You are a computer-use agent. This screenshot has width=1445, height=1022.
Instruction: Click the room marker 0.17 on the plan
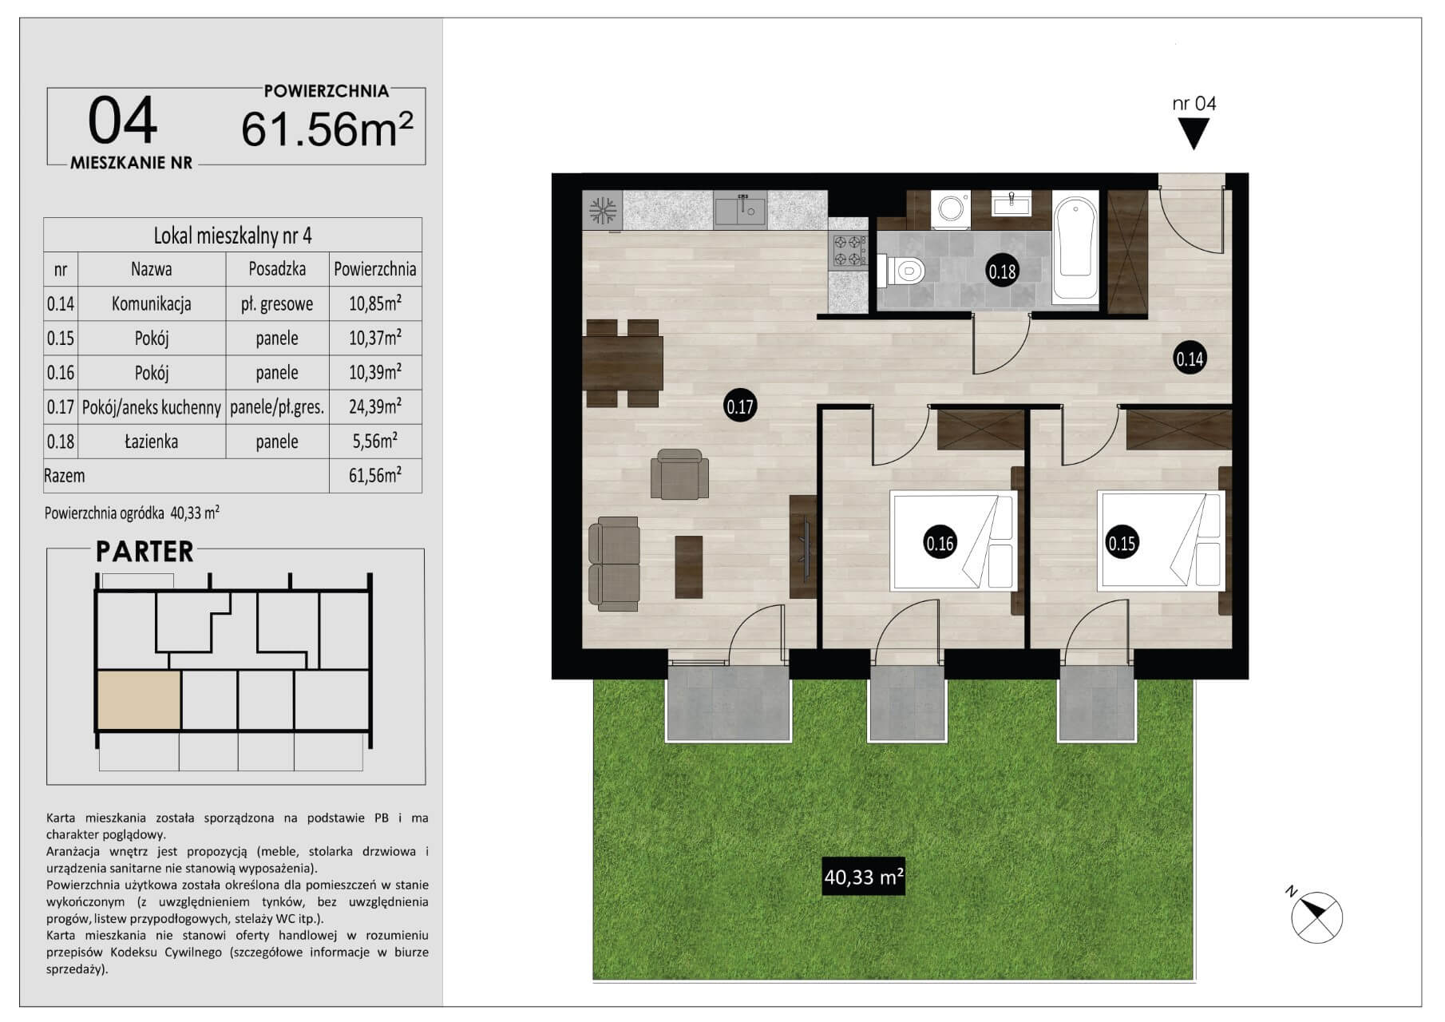740,406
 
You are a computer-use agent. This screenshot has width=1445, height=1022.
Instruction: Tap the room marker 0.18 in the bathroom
1002,271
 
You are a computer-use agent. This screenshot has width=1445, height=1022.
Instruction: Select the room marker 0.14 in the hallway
1190,358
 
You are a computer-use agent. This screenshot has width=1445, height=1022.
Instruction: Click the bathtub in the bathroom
1075,248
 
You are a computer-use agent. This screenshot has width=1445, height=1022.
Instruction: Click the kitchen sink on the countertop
740,209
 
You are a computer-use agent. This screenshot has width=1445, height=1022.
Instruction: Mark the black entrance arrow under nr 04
1194,133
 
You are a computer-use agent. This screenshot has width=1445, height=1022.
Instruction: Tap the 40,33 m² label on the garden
864,877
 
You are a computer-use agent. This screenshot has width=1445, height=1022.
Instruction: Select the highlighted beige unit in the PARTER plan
138,700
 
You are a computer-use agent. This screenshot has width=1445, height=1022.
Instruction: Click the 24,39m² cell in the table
375,406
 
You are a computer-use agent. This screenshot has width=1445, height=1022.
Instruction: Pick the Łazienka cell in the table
151,442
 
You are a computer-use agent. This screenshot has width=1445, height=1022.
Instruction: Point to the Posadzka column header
277,269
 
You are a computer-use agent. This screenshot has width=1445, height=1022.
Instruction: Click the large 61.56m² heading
327,128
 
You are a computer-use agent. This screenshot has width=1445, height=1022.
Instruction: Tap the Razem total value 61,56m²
375,475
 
